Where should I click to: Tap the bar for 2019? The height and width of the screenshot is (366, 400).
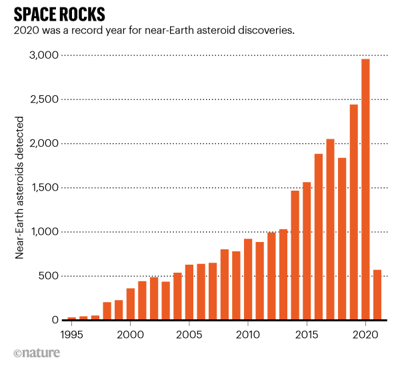pyautogui.click(x=353, y=213)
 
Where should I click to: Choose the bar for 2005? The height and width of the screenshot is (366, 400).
pyautogui.click(x=189, y=293)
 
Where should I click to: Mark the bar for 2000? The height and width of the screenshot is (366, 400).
pyautogui.click(x=131, y=305)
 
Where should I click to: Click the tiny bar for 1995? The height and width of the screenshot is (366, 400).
pyautogui.click(x=72, y=319)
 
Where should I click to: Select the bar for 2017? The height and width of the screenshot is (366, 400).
pyautogui.click(x=330, y=230)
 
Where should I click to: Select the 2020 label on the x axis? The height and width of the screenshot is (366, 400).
pyautogui.click(x=365, y=332)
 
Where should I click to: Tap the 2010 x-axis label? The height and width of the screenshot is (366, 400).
pyautogui.click(x=248, y=332)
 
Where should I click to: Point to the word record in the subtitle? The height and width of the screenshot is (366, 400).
pyautogui.click(x=102, y=32)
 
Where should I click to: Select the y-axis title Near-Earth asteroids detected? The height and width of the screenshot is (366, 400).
pyautogui.click(x=21, y=188)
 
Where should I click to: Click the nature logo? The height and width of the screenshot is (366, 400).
pyautogui.click(x=34, y=351)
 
